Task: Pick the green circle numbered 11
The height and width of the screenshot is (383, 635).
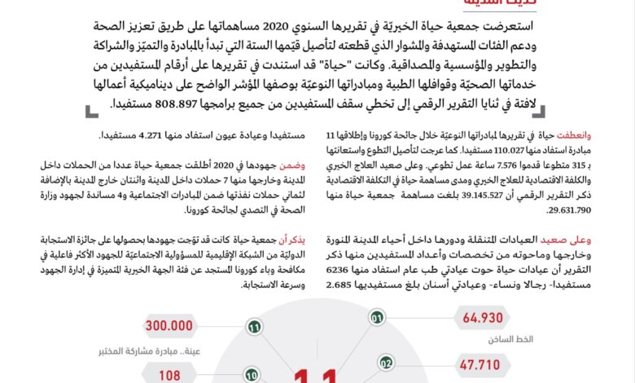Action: tap(254, 328)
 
